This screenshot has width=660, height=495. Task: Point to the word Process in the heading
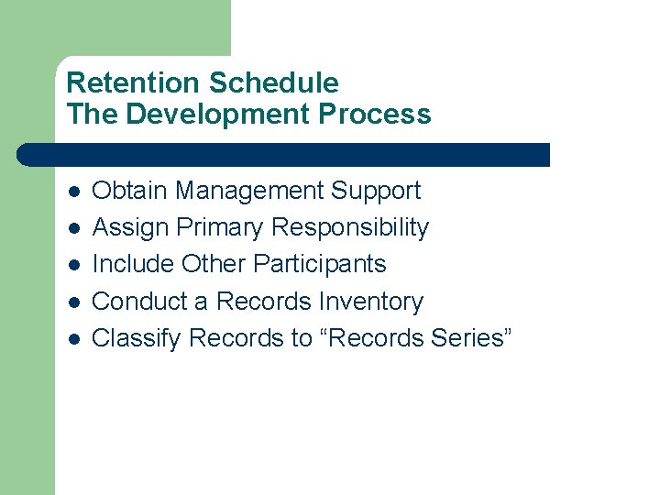coord(385,115)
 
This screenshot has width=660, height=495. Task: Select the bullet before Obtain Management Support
coord(73,192)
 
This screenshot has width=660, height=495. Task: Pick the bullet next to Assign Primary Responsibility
coord(73,228)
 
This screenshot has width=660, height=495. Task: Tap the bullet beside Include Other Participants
coord(73,265)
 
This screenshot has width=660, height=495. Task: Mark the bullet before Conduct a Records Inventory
coord(73,302)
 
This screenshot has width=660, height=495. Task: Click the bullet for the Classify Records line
coord(73,339)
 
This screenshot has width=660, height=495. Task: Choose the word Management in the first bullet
coord(249,191)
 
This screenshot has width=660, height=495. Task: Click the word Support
coord(375,191)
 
